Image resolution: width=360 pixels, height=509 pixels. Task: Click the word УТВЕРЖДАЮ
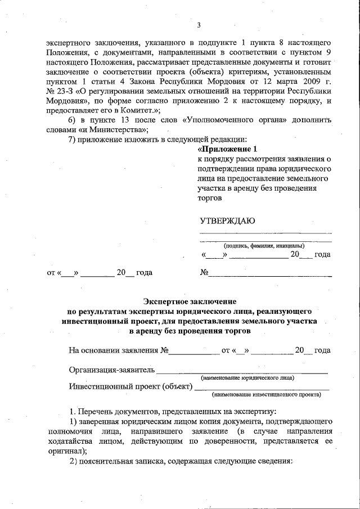(x=227, y=220)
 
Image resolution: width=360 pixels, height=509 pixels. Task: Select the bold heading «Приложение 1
(x=227, y=150)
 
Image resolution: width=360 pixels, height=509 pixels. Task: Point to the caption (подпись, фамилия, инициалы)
(x=264, y=245)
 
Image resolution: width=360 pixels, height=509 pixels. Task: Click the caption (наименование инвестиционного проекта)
(x=267, y=394)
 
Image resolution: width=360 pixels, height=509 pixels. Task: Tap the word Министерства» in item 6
(x=116, y=129)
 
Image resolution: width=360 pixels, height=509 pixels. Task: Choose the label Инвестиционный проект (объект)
(x=130, y=387)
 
